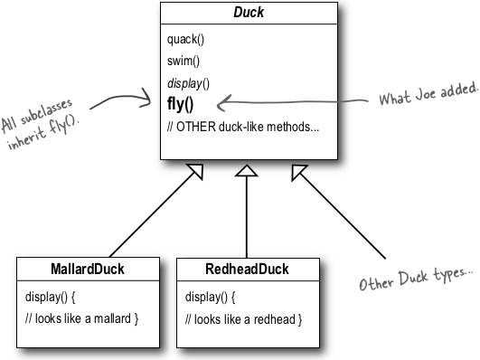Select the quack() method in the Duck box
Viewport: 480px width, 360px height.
[186, 41]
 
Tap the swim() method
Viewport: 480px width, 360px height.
[184, 62]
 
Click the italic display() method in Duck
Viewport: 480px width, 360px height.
[188, 83]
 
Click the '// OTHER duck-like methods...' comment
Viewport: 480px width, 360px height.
[242, 126]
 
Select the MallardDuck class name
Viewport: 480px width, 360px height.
[88, 270]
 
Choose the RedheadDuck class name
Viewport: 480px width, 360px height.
[248, 270]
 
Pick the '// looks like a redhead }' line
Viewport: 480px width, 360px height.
[242, 318]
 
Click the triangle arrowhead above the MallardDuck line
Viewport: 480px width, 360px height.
[193, 175]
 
